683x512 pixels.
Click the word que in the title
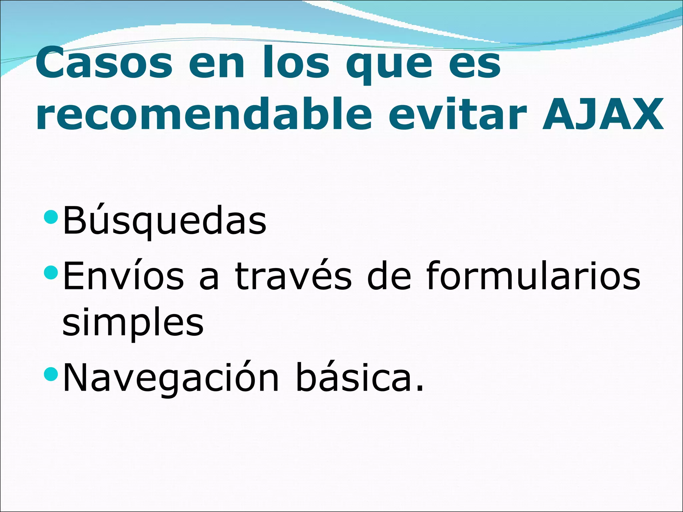pyautogui.click(x=389, y=65)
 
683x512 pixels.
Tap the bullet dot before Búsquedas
pyautogui.click(x=51, y=217)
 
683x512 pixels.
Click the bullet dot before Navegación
pyautogui.click(x=51, y=374)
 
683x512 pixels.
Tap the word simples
pyautogui.click(x=133, y=323)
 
